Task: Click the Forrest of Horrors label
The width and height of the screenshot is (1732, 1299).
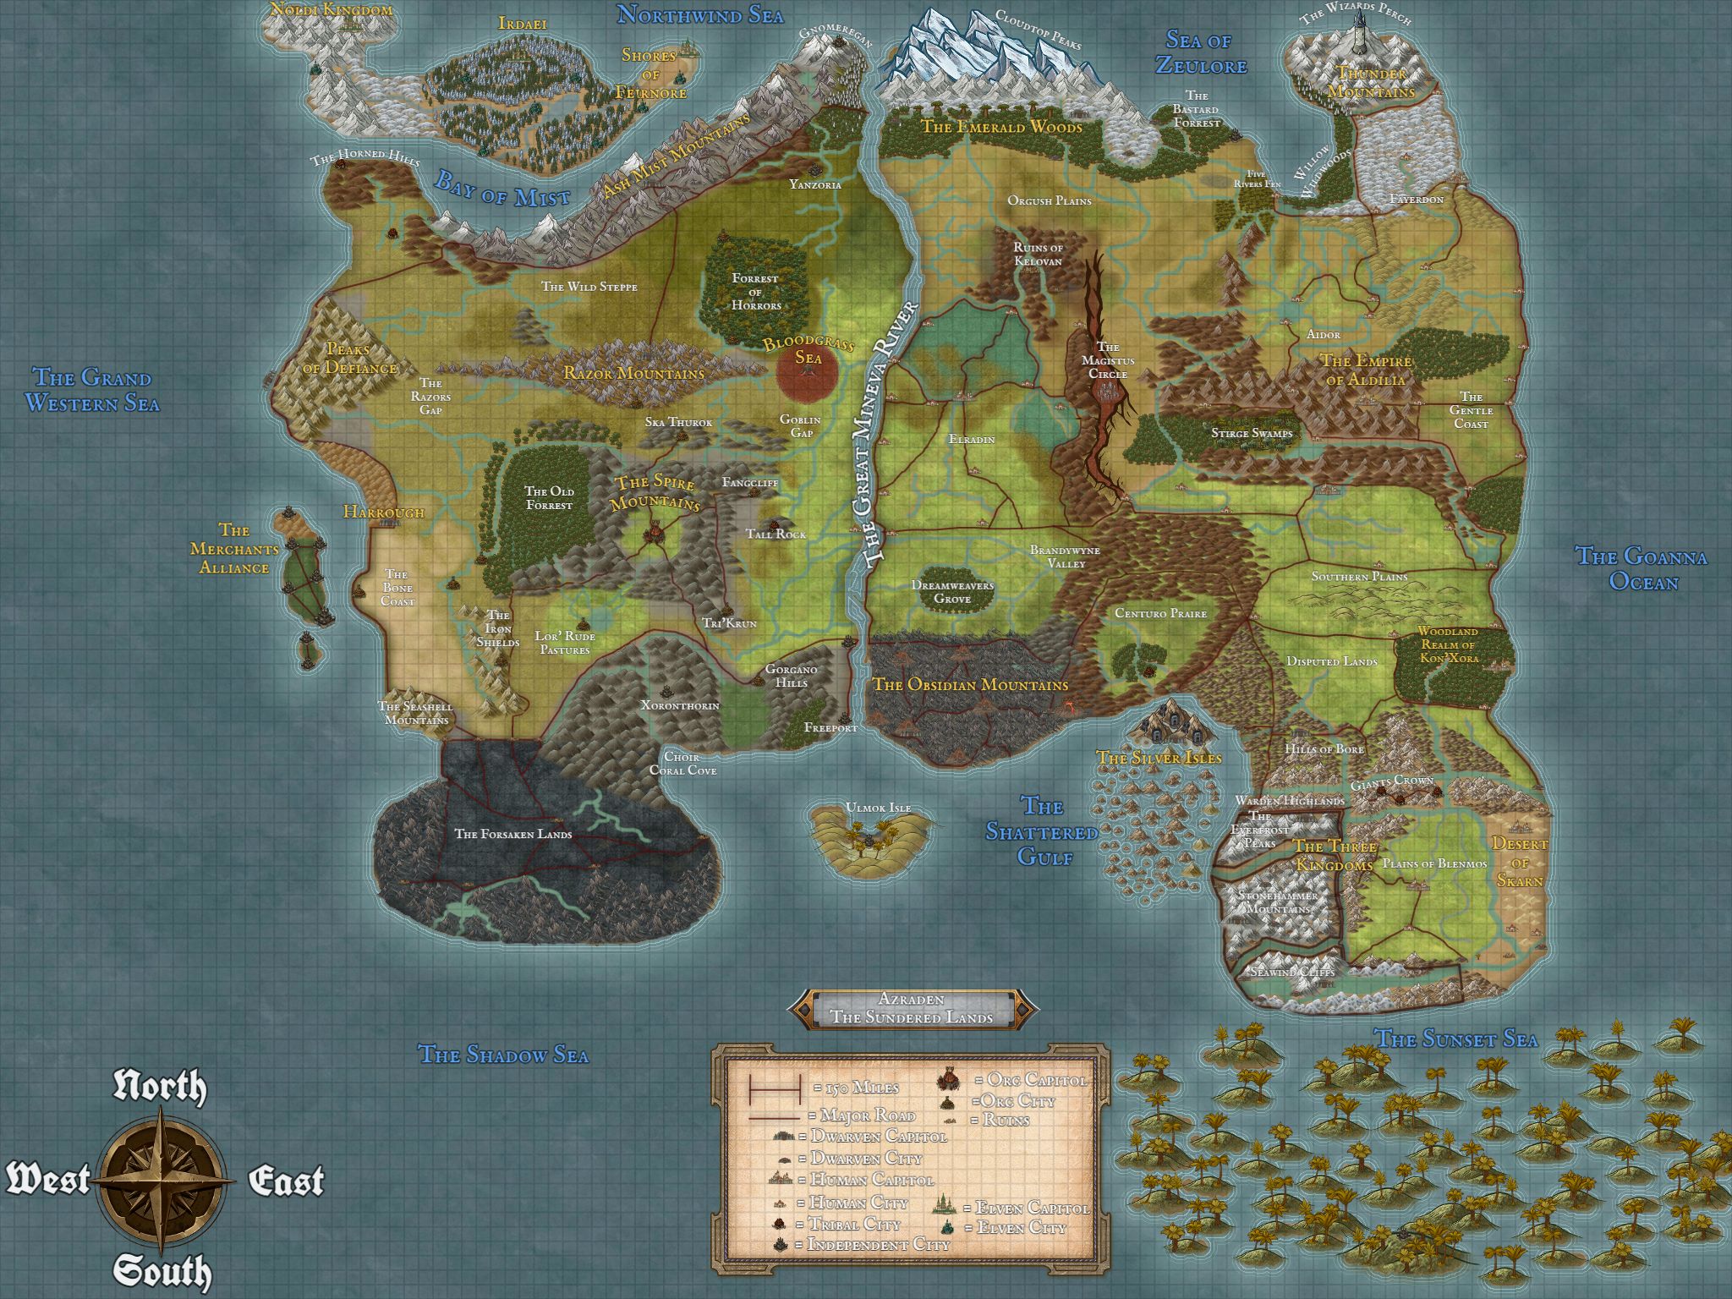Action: [x=755, y=291]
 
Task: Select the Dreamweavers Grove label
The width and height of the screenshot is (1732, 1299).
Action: [x=952, y=592]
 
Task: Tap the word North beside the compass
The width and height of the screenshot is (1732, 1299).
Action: [x=160, y=1088]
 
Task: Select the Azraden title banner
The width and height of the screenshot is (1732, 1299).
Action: [x=912, y=1009]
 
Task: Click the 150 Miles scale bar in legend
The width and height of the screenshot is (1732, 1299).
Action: [x=774, y=1088]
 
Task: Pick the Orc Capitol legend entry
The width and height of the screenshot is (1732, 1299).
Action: [x=1029, y=1080]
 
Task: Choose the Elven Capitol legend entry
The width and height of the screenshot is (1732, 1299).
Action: [x=1032, y=1208]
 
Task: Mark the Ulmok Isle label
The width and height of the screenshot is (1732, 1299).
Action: [x=879, y=808]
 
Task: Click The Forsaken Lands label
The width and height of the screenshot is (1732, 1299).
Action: [x=513, y=834]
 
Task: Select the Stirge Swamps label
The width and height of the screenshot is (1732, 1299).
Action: [x=1252, y=433]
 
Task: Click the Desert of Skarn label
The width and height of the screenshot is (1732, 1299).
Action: [x=1520, y=862]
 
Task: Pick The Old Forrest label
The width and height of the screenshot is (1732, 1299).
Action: [x=549, y=498]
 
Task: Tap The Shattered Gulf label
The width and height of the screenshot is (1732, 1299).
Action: [x=1042, y=831]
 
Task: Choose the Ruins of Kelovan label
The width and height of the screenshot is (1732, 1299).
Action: [x=1038, y=255]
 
